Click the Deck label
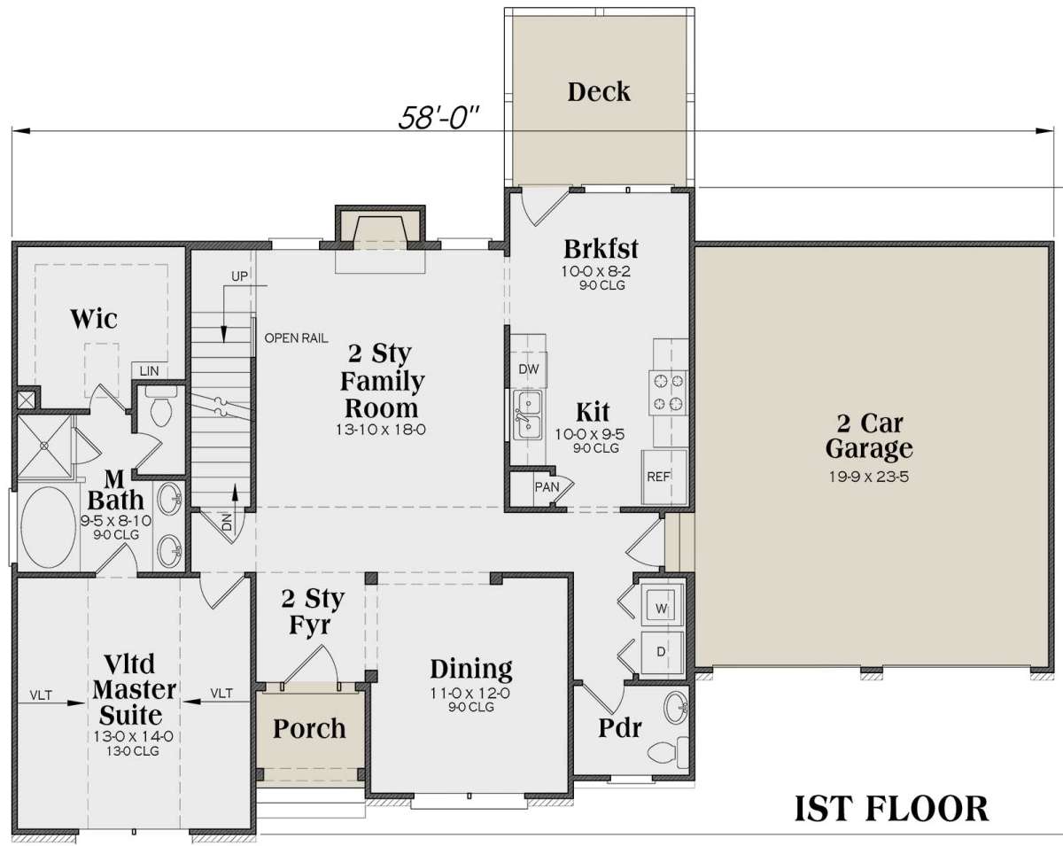pos(599,92)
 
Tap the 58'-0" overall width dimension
pos(438,118)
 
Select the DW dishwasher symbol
pos(529,369)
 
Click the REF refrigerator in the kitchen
pos(664,477)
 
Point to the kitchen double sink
pos(528,415)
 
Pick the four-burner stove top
pos(668,392)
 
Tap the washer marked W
pos(663,608)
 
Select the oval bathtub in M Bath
pos(49,527)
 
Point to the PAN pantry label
pos(547,487)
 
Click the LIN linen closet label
pos(149,370)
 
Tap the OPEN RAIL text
pos(297,338)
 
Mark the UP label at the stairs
pos(239,276)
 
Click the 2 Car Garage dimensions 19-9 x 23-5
pos(869,477)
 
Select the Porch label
pos(309,728)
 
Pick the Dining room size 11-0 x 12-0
pos(470,694)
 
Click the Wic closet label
pos(94,319)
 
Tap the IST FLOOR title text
pos(892,809)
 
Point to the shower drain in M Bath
pos(44,446)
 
